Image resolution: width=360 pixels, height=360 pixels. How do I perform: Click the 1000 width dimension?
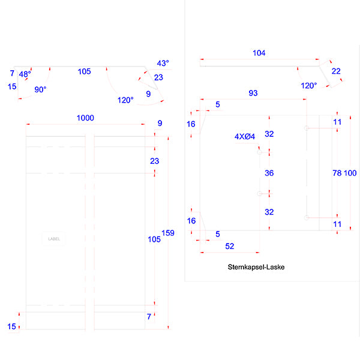pos(85,118)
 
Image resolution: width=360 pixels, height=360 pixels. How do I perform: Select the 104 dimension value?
pos(259,53)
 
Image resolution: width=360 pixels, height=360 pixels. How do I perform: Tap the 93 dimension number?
pos(253,93)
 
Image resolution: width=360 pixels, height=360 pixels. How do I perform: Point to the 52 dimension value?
pos(229,246)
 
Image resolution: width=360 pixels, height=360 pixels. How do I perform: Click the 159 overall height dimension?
pos(169,233)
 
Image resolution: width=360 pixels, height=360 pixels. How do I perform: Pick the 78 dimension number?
pos(337,173)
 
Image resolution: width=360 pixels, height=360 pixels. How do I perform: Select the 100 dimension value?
pos(350,173)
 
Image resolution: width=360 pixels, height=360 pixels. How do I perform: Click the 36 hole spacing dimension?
pos(269,173)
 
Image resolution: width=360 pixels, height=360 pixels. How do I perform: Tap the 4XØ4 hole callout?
pos(245,137)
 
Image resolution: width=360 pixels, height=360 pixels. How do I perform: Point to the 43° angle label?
pos(163,63)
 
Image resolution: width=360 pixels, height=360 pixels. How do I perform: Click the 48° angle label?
pos(25,74)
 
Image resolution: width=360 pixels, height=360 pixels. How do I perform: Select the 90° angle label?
pos(40,89)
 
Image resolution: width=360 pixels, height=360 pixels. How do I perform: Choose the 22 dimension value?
pos(336,71)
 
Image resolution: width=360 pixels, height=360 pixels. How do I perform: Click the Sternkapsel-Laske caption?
pos(256,267)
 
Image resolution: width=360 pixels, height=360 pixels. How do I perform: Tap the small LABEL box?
pos(54,239)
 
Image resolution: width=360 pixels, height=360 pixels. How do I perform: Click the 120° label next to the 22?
pos(309,86)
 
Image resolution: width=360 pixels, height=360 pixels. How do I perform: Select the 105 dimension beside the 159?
pos(154,239)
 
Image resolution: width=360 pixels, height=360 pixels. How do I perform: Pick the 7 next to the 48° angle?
pos(12,73)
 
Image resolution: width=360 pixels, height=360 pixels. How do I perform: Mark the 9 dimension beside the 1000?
pos(160,124)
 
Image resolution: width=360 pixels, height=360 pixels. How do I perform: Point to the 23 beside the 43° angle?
pos(158,77)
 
